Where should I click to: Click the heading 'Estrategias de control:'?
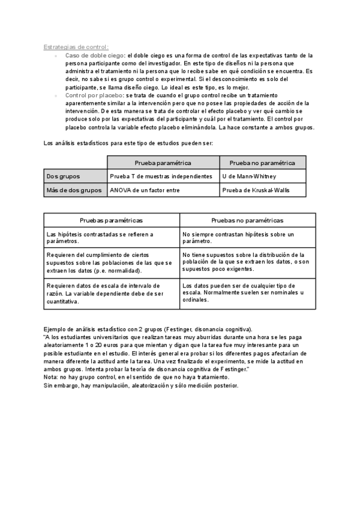(76, 47)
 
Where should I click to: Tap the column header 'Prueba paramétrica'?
(163, 163)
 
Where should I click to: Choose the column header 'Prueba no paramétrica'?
(262, 163)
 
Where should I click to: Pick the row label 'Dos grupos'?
(63, 176)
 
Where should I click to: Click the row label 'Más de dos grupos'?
(74, 190)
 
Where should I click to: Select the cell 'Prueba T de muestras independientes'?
(161, 176)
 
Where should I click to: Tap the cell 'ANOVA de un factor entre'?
(145, 190)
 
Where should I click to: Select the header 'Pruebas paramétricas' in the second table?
(112, 220)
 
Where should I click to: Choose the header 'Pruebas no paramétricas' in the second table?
(247, 220)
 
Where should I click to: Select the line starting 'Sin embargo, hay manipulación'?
(141, 385)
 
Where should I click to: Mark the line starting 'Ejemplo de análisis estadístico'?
(148, 330)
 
